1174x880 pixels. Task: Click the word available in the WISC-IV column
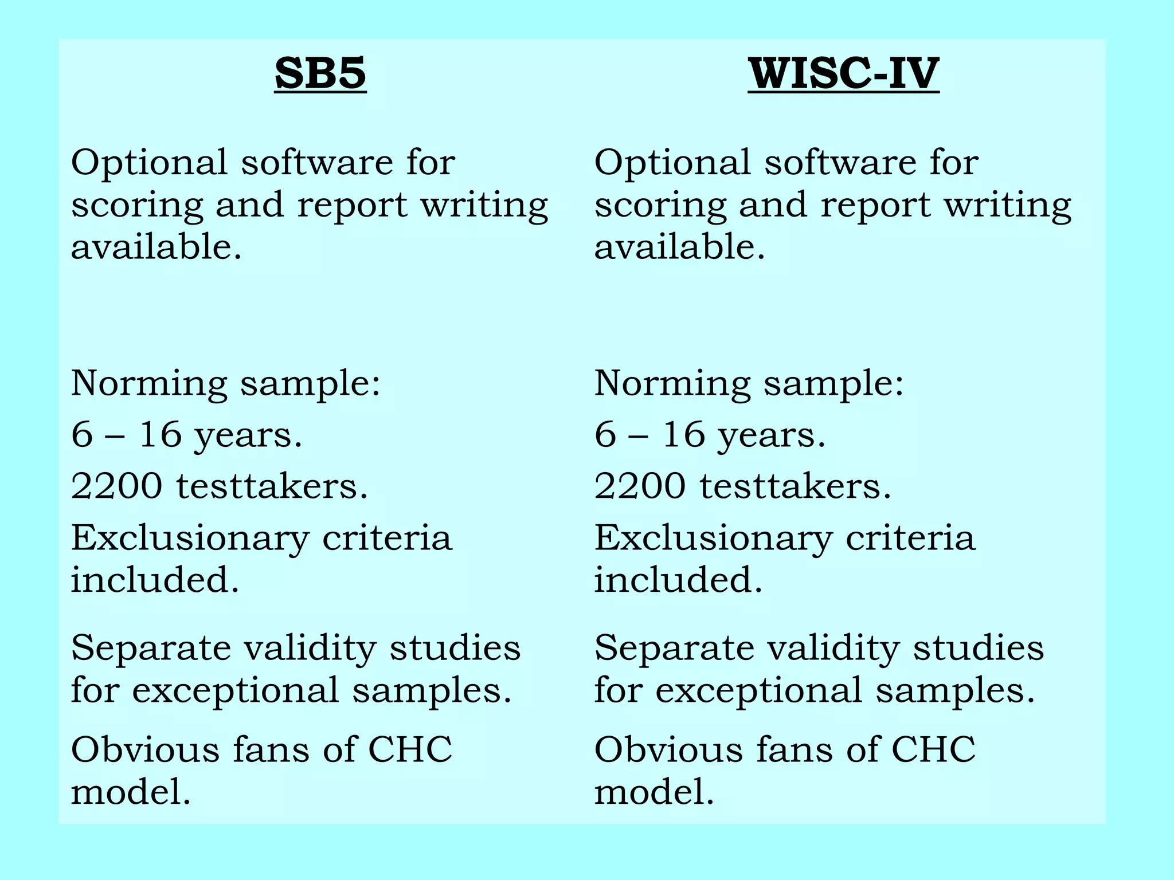click(x=676, y=247)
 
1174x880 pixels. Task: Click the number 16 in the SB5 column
click(x=160, y=434)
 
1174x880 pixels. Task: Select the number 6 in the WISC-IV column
click(x=605, y=434)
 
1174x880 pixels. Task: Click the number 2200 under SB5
click(x=116, y=486)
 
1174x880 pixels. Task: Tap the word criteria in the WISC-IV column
click(x=910, y=539)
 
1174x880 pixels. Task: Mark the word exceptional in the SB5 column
click(x=236, y=690)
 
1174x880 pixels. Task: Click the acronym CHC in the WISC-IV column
click(x=933, y=749)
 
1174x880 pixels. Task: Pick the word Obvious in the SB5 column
click(x=145, y=749)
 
